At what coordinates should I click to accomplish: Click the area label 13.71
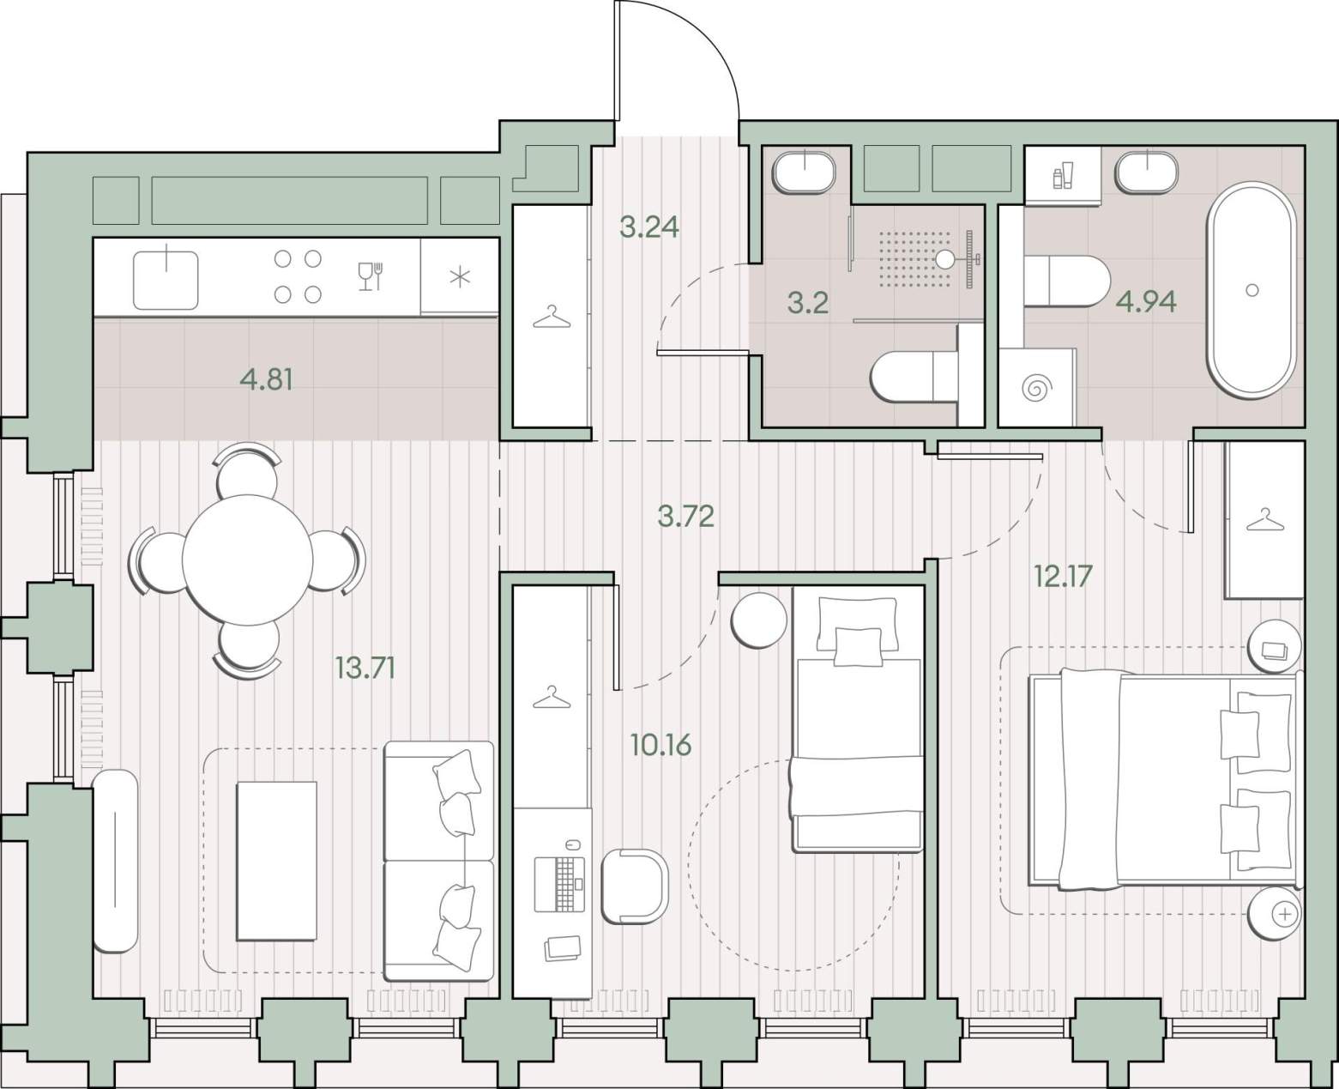(x=365, y=668)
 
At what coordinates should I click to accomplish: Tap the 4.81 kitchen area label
(x=267, y=380)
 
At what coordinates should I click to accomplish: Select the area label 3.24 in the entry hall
(x=648, y=227)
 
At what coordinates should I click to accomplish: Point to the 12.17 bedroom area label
(x=1064, y=575)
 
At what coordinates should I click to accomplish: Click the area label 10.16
(x=661, y=745)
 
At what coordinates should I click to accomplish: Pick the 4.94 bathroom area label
(x=1146, y=302)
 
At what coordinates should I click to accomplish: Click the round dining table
(x=248, y=559)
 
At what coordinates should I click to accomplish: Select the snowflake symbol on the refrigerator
(x=460, y=277)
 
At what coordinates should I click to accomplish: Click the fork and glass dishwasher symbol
(x=371, y=276)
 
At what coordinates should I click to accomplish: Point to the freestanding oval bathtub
(x=1251, y=290)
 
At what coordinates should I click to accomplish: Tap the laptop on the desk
(x=559, y=884)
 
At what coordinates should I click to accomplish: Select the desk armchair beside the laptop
(x=635, y=886)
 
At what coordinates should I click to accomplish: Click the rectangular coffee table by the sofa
(x=276, y=861)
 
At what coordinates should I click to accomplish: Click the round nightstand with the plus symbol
(x=1275, y=914)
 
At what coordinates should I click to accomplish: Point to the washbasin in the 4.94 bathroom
(x=1147, y=172)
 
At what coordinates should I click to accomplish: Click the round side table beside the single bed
(x=759, y=620)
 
